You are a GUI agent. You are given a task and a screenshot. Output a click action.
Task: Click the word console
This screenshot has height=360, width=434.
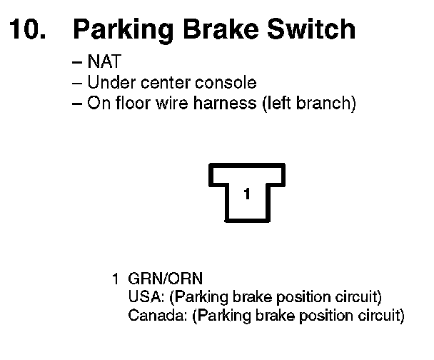[x=230, y=84]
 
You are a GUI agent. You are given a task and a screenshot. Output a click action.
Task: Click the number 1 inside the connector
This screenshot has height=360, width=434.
[x=246, y=194]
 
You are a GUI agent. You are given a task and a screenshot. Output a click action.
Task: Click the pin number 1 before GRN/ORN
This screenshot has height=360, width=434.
[x=114, y=279]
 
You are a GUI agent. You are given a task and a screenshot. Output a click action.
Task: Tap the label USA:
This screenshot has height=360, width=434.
[x=143, y=296]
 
